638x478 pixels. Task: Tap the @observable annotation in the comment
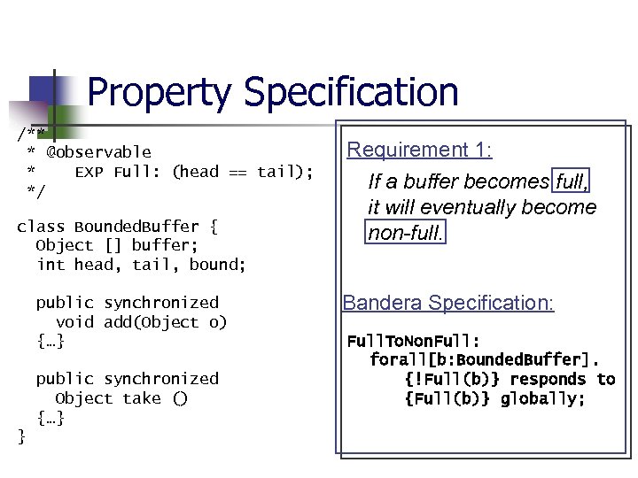(x=98, y=152)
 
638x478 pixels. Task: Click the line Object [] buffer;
(x=113, y=245)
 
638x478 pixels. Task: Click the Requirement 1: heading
(x=419, y=150)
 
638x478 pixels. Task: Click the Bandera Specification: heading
(x=448, y=303)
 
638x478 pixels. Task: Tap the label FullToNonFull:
(x=413, y=342)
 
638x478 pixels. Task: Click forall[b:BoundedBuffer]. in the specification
(x=484, y=360)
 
